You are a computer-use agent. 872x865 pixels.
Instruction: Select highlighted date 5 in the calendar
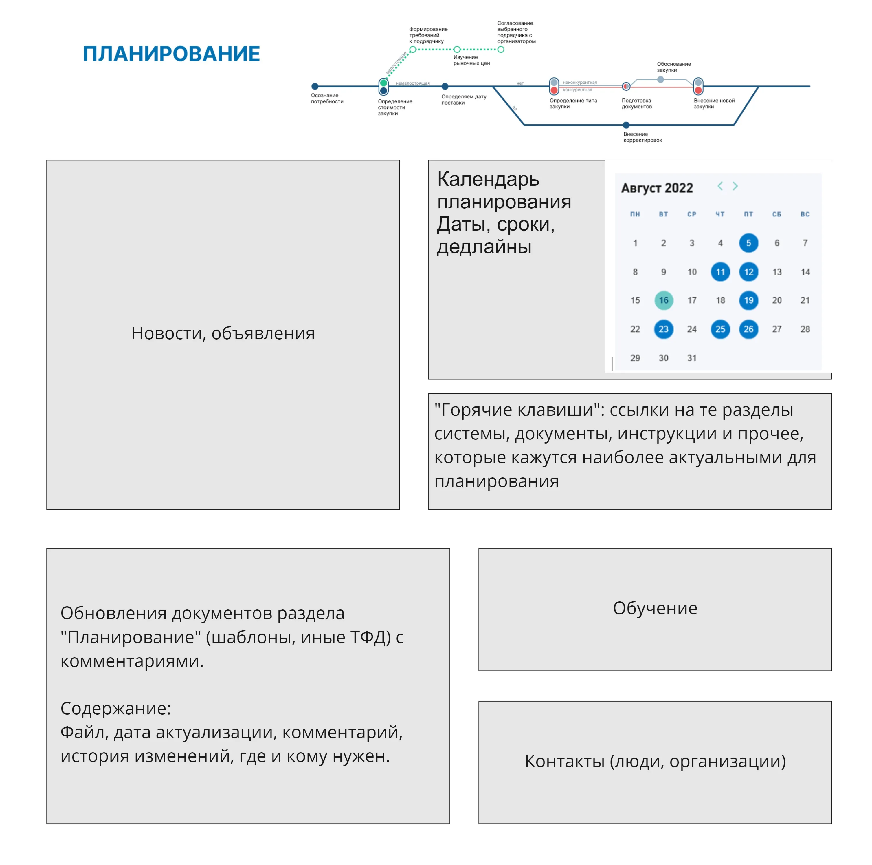pos(748,243)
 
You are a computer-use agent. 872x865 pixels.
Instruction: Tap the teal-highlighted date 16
pos(663,300)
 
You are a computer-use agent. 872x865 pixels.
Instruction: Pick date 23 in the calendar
pos(663,329)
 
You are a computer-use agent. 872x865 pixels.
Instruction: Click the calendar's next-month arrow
pos(735,186)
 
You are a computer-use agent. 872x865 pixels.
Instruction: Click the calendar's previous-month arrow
pos(720,186)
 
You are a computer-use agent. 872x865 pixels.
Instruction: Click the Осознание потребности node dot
pos(315,86)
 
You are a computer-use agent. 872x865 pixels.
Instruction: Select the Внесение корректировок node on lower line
pos(626,125)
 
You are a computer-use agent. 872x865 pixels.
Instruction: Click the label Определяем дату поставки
pos(464,99)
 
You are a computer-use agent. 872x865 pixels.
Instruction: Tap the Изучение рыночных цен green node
pos(457,49)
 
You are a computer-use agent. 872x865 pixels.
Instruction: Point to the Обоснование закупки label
pos(673,67)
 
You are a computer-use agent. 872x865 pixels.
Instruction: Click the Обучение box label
pos(655,608)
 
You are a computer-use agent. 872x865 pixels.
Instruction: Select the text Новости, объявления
pos(223,333)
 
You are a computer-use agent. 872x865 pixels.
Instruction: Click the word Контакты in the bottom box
pos(564,761)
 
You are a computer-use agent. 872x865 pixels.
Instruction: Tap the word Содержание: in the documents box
pos(115,708)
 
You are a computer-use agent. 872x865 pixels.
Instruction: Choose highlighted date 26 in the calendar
pos(748,329)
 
